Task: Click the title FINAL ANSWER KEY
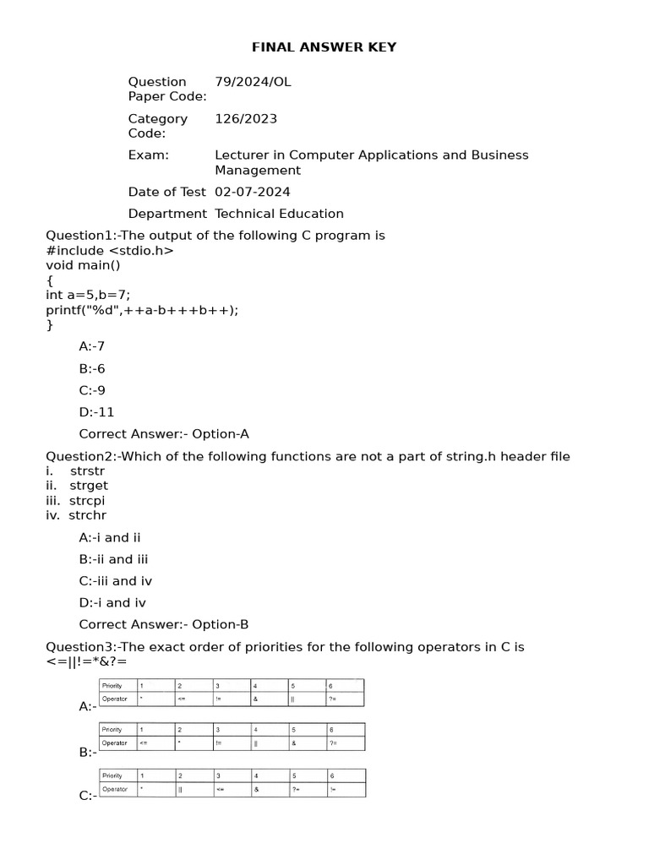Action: coord(324,47)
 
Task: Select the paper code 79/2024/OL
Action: coord(253,82)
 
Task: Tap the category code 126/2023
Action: coord(246,119)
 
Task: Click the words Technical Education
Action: coord(279,214)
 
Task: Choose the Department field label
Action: coord(167,214)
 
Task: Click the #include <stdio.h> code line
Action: coord(110,250)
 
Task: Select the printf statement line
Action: coord(142,309)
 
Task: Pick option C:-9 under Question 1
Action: coord(92,390)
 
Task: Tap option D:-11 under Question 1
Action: coord(96,412)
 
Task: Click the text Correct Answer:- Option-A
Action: coord(164,434)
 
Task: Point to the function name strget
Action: coord(89,486)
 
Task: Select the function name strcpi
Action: coord(87,500)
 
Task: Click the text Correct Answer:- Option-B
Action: coord(164,625)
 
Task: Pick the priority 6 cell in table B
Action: coord(345,730)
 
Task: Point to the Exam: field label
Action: coord(149,155)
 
